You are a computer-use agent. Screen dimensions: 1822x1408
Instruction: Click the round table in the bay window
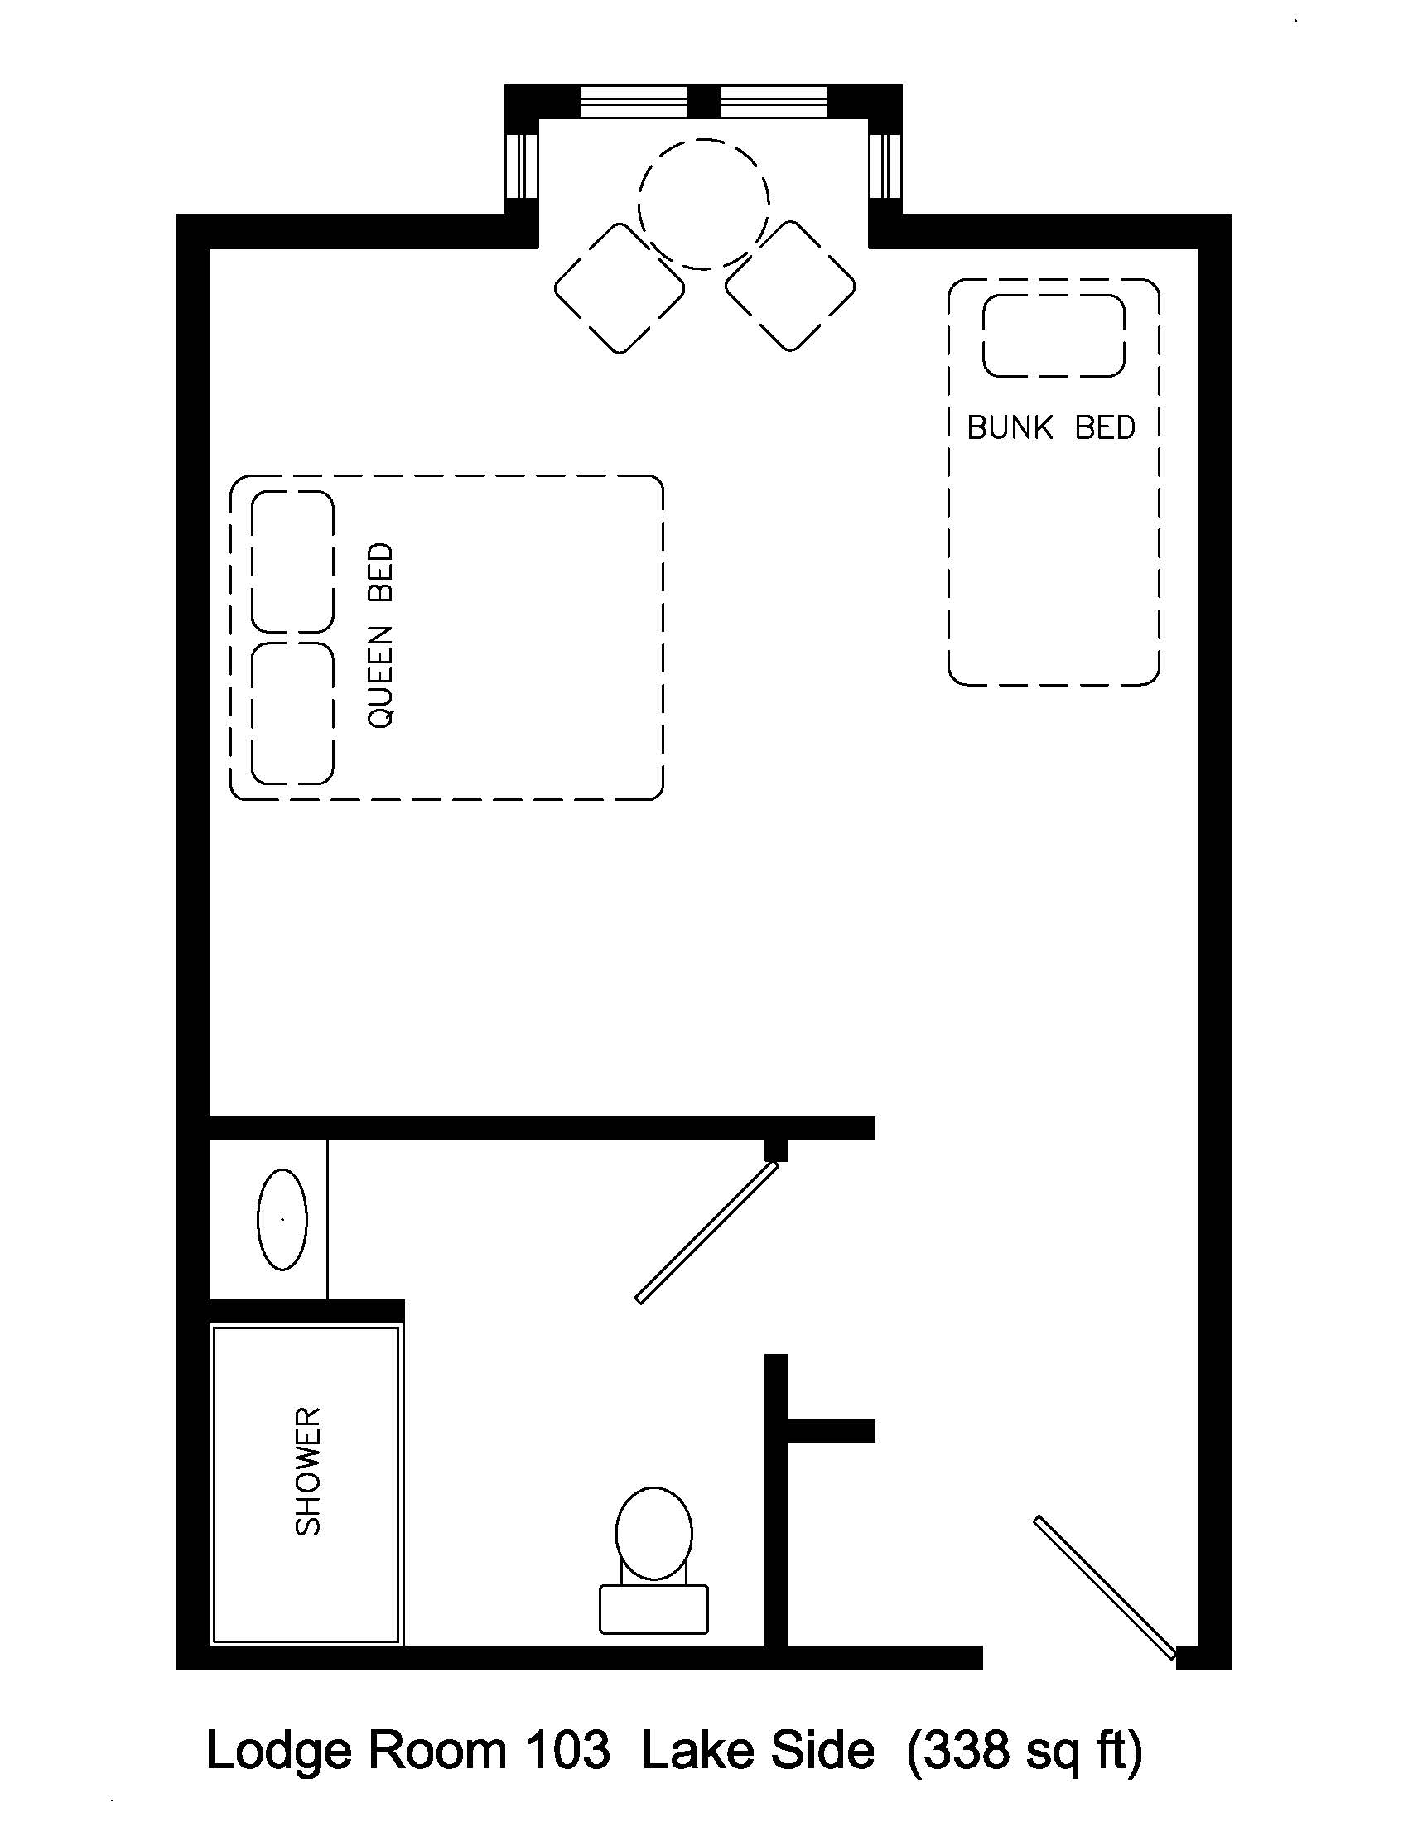(x=703, y=205)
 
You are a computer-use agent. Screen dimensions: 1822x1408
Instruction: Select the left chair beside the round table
(x=619, y=289)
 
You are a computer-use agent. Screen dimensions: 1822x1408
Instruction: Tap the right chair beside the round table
(x=790, y=287)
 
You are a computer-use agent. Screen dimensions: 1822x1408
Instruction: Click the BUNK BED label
(x=1051, y=428)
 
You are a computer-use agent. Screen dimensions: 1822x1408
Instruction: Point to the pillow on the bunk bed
(x=1054, y=335)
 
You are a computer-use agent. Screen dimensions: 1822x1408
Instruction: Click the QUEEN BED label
(x=380, y=636)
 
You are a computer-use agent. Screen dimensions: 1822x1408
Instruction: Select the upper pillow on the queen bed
(x=292, y=562)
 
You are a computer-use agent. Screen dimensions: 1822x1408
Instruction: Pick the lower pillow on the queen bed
(x=292, y=713)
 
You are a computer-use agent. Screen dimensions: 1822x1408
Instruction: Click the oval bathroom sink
(x=282, y=1220)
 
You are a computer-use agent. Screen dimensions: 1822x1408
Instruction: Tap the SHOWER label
(x=308, y=1472)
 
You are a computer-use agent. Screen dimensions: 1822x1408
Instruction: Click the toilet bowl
(x=654, y=1533)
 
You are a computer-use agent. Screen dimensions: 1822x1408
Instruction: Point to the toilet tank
(x=654, y=1608)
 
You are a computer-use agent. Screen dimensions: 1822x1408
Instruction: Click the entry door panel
(x=1104, y=1587)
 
